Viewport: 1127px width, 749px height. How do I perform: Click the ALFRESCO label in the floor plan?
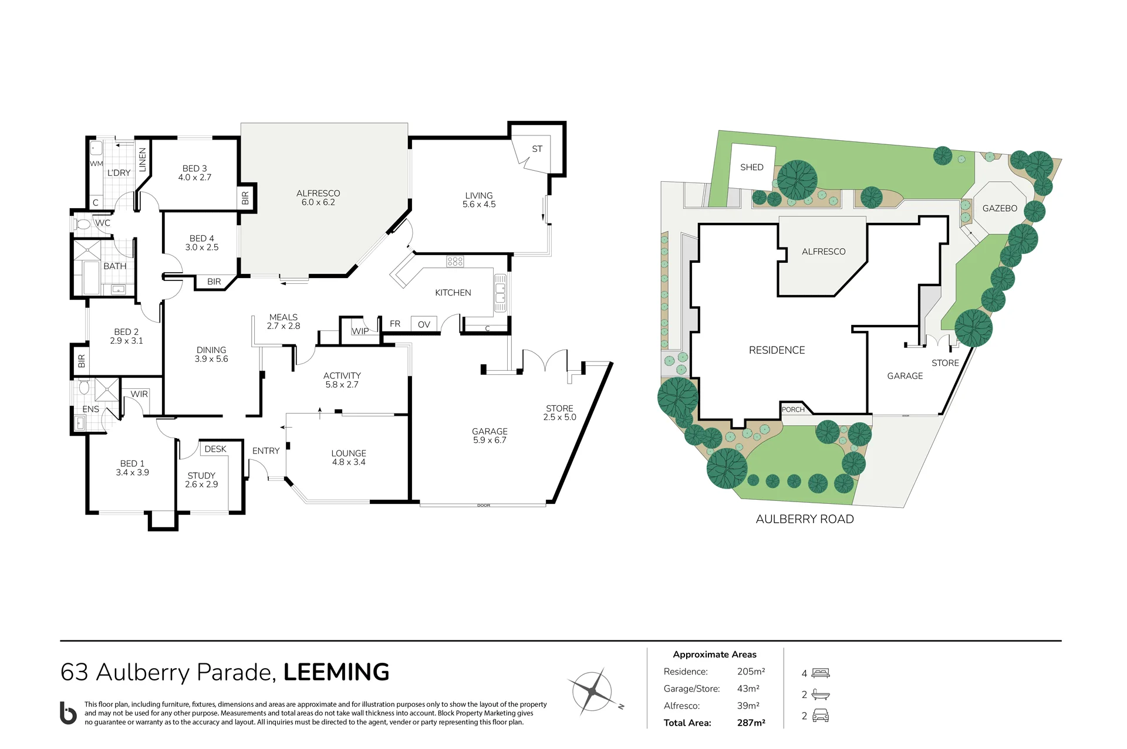[x=318, y=193]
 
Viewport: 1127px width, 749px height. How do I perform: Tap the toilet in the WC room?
[x=83, y=224]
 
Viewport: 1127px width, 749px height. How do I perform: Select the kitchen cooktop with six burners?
[x=455, y=262]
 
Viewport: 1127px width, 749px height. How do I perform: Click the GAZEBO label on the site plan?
[x=1000, y=208]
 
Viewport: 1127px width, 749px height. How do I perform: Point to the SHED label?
[x=752, y=167]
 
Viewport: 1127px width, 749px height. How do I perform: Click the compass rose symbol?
[x=594, y=692]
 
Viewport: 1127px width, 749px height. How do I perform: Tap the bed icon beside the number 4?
[x=821, y=673]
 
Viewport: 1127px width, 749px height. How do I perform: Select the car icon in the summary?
[x=821, y=716]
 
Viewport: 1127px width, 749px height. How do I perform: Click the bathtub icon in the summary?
[x=821, y=695]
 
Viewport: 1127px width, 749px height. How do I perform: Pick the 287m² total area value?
[x=751, y=723]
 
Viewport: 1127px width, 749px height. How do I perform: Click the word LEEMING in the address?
[x=336, y=672]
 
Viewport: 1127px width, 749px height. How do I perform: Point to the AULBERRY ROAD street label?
[x=805, y=519]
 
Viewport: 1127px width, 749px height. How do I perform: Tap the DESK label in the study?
[x=215, y=449]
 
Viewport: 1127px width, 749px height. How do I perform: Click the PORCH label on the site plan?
[x=793, y=409]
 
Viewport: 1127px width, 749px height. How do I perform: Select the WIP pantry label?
[x=360, y=331]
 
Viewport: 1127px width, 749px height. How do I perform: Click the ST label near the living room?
[x=537, y=149]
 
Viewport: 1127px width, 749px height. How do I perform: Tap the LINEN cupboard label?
[x=142, y=160]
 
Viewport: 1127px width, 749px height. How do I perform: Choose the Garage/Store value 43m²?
[x=748, y=689]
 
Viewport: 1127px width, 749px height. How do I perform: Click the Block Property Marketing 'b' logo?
[x=69, y=713]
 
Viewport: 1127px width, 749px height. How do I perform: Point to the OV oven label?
[x=424, y=324]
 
